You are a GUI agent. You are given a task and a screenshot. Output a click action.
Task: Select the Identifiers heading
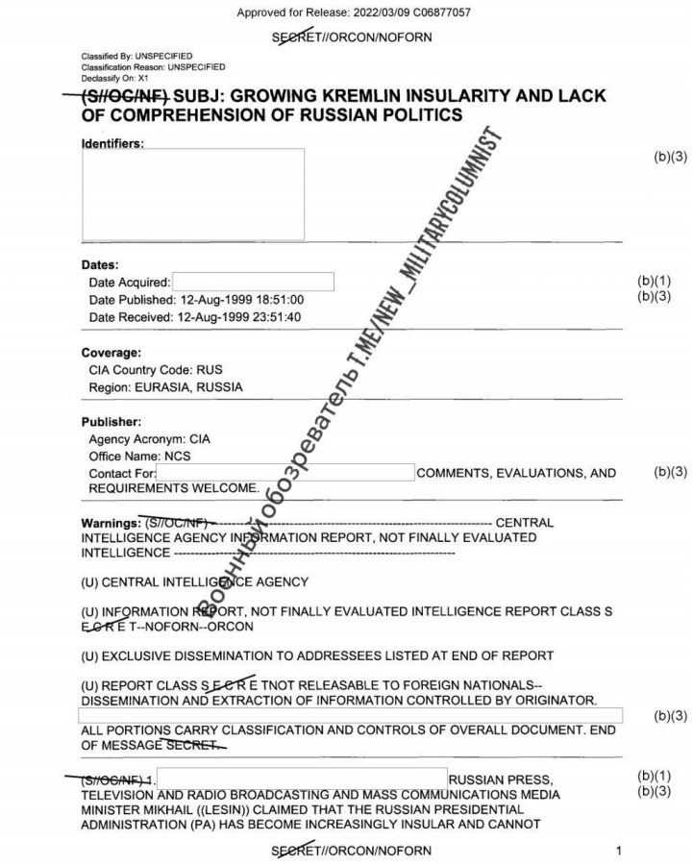pyautogui.click(x=112, y=143)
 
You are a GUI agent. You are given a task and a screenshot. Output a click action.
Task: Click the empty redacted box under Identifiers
pyautogui.click(x=192, y=194)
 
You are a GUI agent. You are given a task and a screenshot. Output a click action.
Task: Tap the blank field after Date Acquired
pyautogui.click(x=253, y=282)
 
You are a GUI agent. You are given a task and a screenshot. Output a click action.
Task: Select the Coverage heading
pyautogui.click(x=111, y=353)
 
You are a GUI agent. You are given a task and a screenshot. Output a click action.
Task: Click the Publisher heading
pyautogui.click(x=111, y=422)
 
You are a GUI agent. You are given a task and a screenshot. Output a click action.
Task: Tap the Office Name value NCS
pyautogui.click(x=177, y=456)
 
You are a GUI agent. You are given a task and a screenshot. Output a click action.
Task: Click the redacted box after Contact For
pyautogui.click(x=285, y=473)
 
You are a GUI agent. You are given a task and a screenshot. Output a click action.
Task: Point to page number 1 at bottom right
pyautogui.click(x=619, y=851)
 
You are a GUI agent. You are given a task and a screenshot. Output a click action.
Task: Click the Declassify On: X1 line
pyautogui.click(x=114, y=78)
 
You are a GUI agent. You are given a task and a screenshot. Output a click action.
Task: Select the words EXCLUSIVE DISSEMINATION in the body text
pyautogui.click(x=187, y=655)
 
